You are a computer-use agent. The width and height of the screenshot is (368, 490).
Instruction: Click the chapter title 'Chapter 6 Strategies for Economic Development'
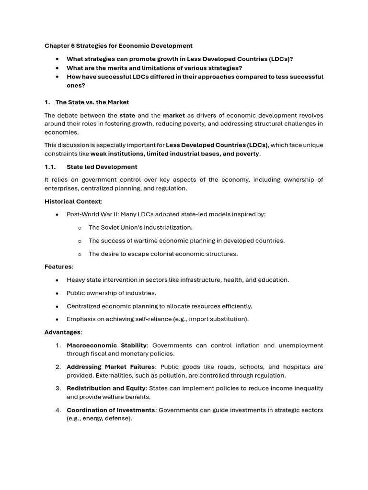[118, 46]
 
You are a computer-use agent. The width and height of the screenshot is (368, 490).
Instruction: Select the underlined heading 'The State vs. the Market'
[92, 102]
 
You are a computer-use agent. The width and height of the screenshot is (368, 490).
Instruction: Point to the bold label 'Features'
[58, 267]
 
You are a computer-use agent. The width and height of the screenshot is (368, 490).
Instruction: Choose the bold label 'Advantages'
[63, 332]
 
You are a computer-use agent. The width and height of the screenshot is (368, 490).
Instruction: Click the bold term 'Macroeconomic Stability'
[106, 345]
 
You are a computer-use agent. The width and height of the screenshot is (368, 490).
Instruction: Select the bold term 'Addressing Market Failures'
[111, 367]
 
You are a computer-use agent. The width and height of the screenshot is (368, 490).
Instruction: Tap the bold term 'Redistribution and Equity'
[108, 389]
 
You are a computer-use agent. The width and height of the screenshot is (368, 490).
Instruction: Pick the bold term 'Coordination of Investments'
[111, 410]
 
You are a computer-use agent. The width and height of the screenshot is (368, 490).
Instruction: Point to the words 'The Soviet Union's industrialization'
[140, 228]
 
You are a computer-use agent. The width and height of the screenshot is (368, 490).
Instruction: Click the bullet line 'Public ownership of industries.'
[111, 293]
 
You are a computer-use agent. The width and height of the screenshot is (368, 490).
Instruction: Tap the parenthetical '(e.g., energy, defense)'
[99, 418]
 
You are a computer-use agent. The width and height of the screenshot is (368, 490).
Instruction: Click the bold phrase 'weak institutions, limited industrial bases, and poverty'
[175, 154]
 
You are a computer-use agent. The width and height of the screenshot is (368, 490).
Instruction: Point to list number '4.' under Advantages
[58, 410]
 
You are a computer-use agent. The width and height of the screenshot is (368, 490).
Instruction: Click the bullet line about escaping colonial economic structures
[163, 254]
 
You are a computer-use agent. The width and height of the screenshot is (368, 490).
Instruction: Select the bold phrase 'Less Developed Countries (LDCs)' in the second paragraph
[217, 145]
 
